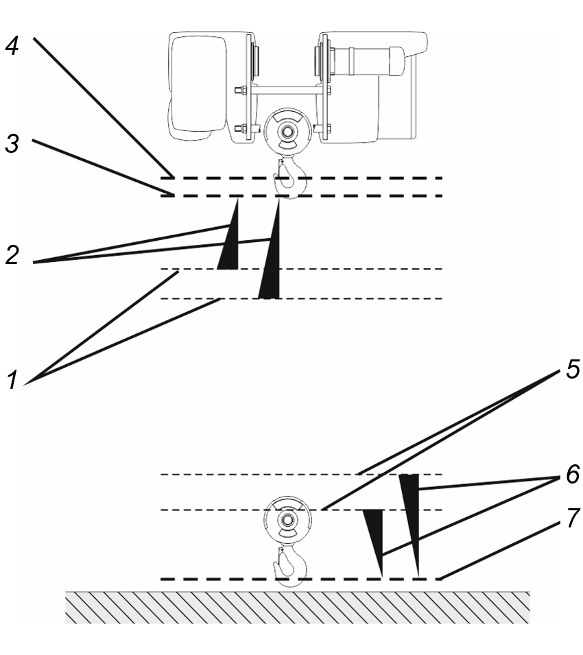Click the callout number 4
12,45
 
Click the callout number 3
12,143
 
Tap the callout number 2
12,255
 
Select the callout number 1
12,379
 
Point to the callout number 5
573,369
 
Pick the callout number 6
573,474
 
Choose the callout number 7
573,518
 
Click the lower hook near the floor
290,566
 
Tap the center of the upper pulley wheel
287,131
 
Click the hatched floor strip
298,608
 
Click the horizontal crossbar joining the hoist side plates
287,90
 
